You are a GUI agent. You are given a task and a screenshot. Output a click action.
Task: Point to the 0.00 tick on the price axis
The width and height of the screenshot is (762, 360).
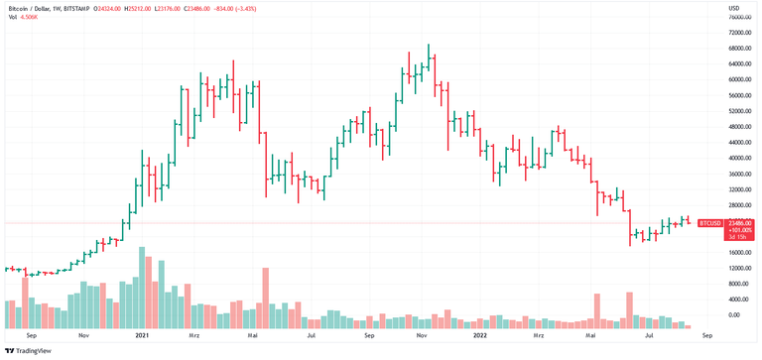click(733, 315)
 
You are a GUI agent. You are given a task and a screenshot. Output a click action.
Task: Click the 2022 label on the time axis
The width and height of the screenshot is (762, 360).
click(479, 336)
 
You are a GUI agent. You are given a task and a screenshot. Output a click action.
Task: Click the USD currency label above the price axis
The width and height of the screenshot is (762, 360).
click(734, 8)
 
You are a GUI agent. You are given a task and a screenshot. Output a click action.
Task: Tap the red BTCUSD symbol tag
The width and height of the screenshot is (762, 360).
click(711, 223)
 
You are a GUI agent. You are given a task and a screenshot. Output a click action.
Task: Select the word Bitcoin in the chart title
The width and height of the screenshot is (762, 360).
click(18, 8)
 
